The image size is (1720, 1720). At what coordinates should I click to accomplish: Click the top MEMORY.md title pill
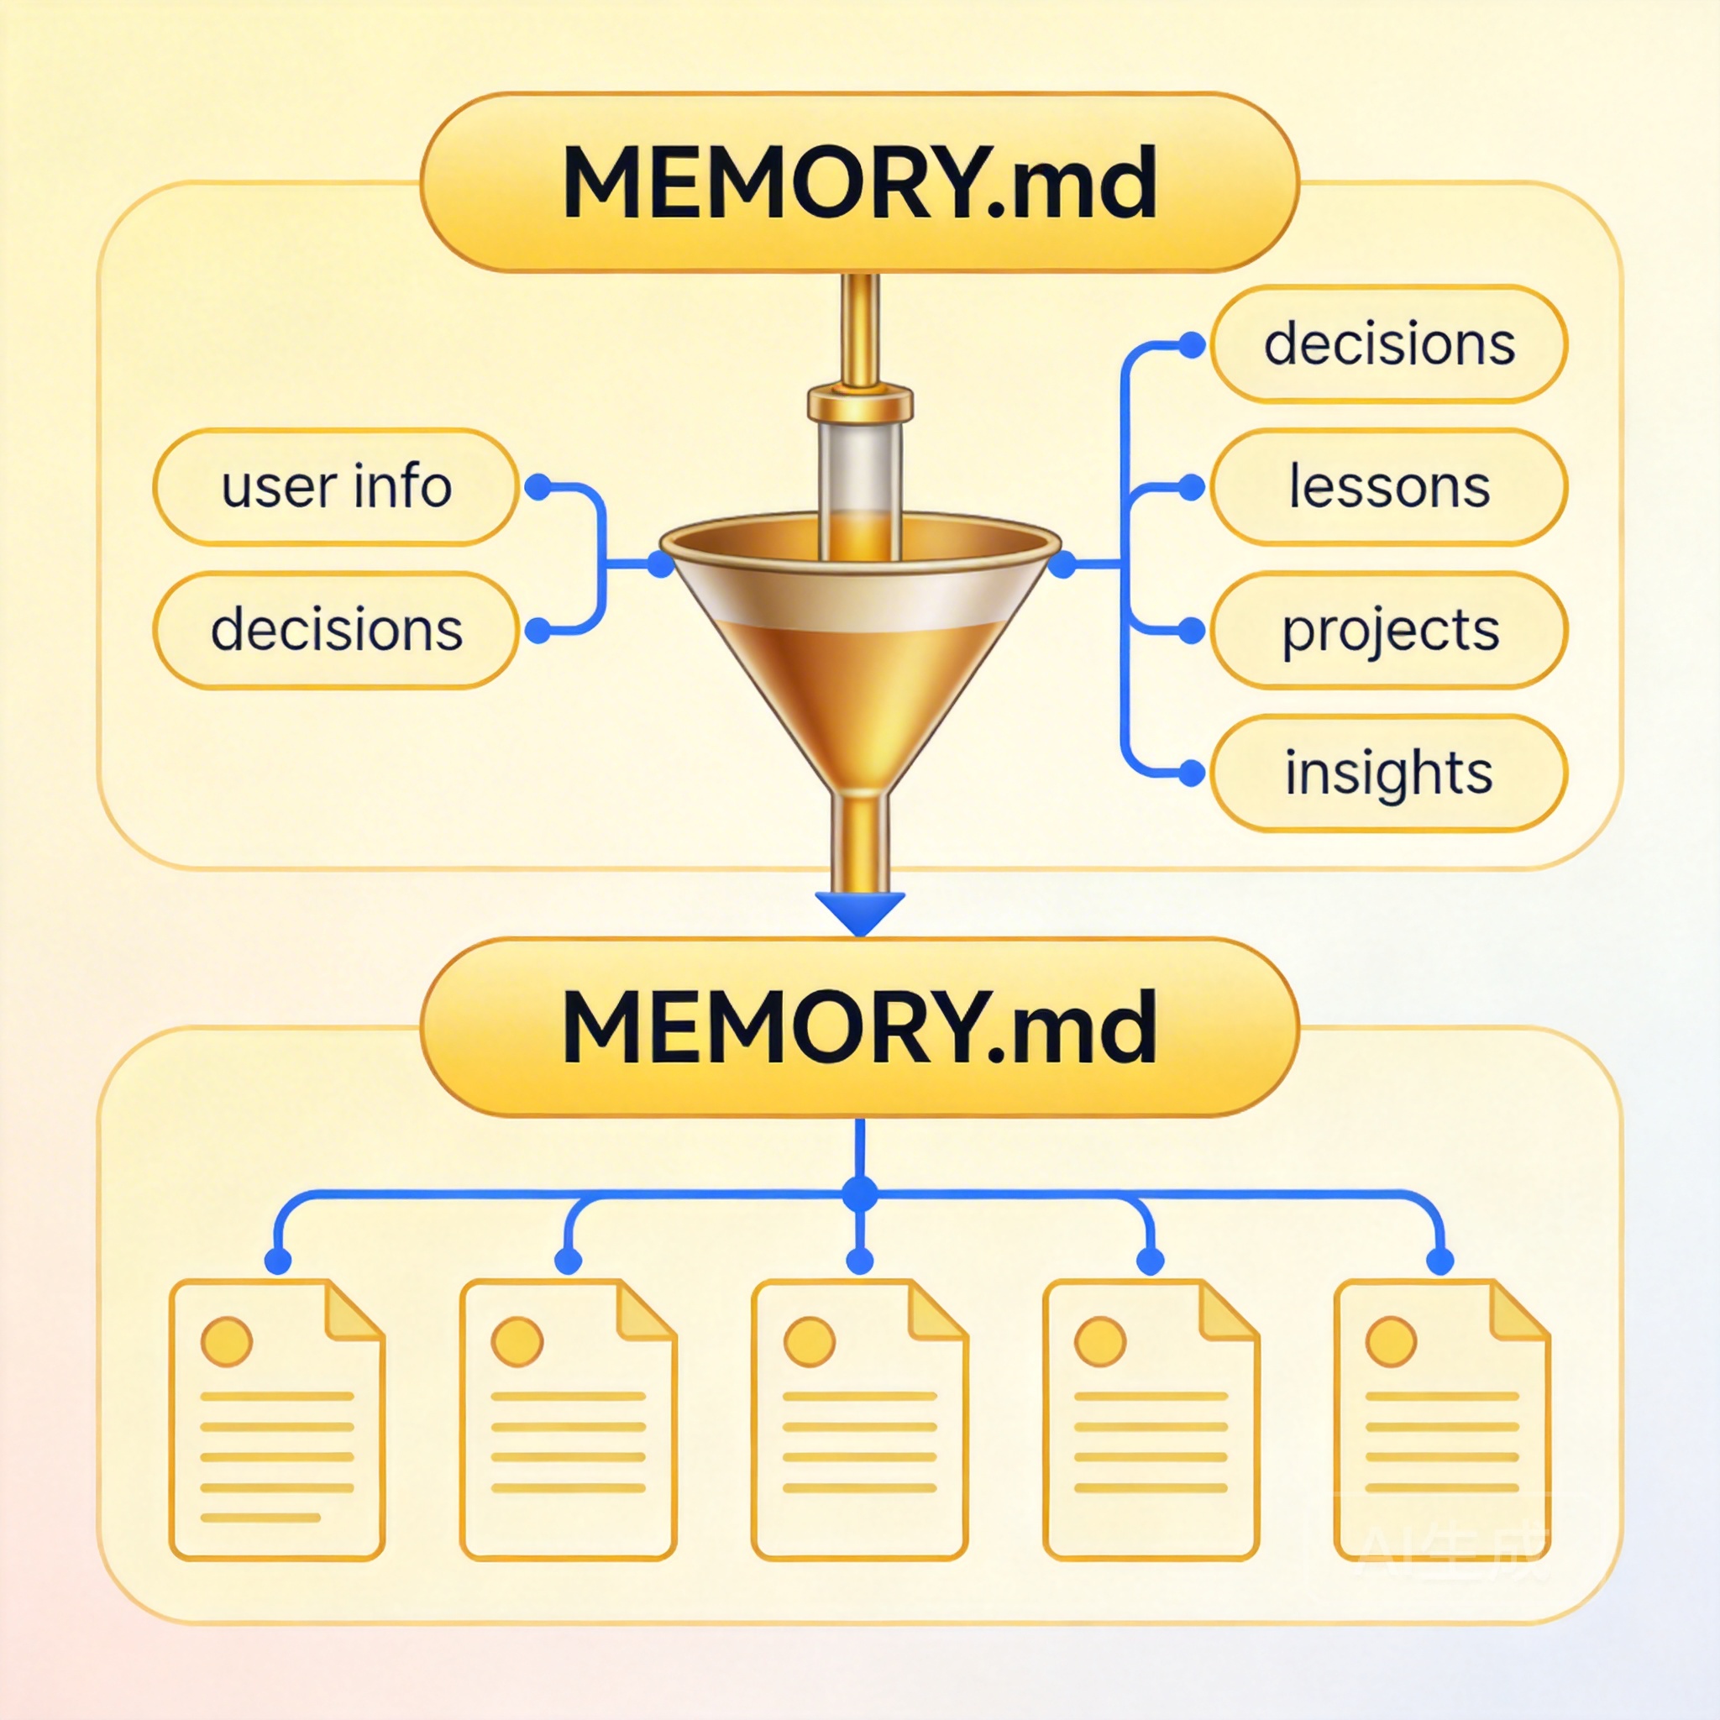859,182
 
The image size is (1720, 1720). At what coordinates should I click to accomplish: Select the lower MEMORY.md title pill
859,1026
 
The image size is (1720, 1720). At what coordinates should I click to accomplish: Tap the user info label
336,487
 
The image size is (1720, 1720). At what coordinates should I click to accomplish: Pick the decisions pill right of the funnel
1389,344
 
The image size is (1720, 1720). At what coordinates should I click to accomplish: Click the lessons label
1389,487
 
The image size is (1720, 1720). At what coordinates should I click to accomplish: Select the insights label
1389,773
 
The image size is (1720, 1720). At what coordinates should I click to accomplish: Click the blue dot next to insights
1191,773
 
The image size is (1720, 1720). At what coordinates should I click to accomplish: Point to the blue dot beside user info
537,487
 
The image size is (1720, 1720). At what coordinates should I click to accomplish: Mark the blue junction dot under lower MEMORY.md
860,1194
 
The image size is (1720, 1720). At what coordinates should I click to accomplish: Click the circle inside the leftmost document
226,1341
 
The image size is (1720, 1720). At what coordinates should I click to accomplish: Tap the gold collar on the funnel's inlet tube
860,403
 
